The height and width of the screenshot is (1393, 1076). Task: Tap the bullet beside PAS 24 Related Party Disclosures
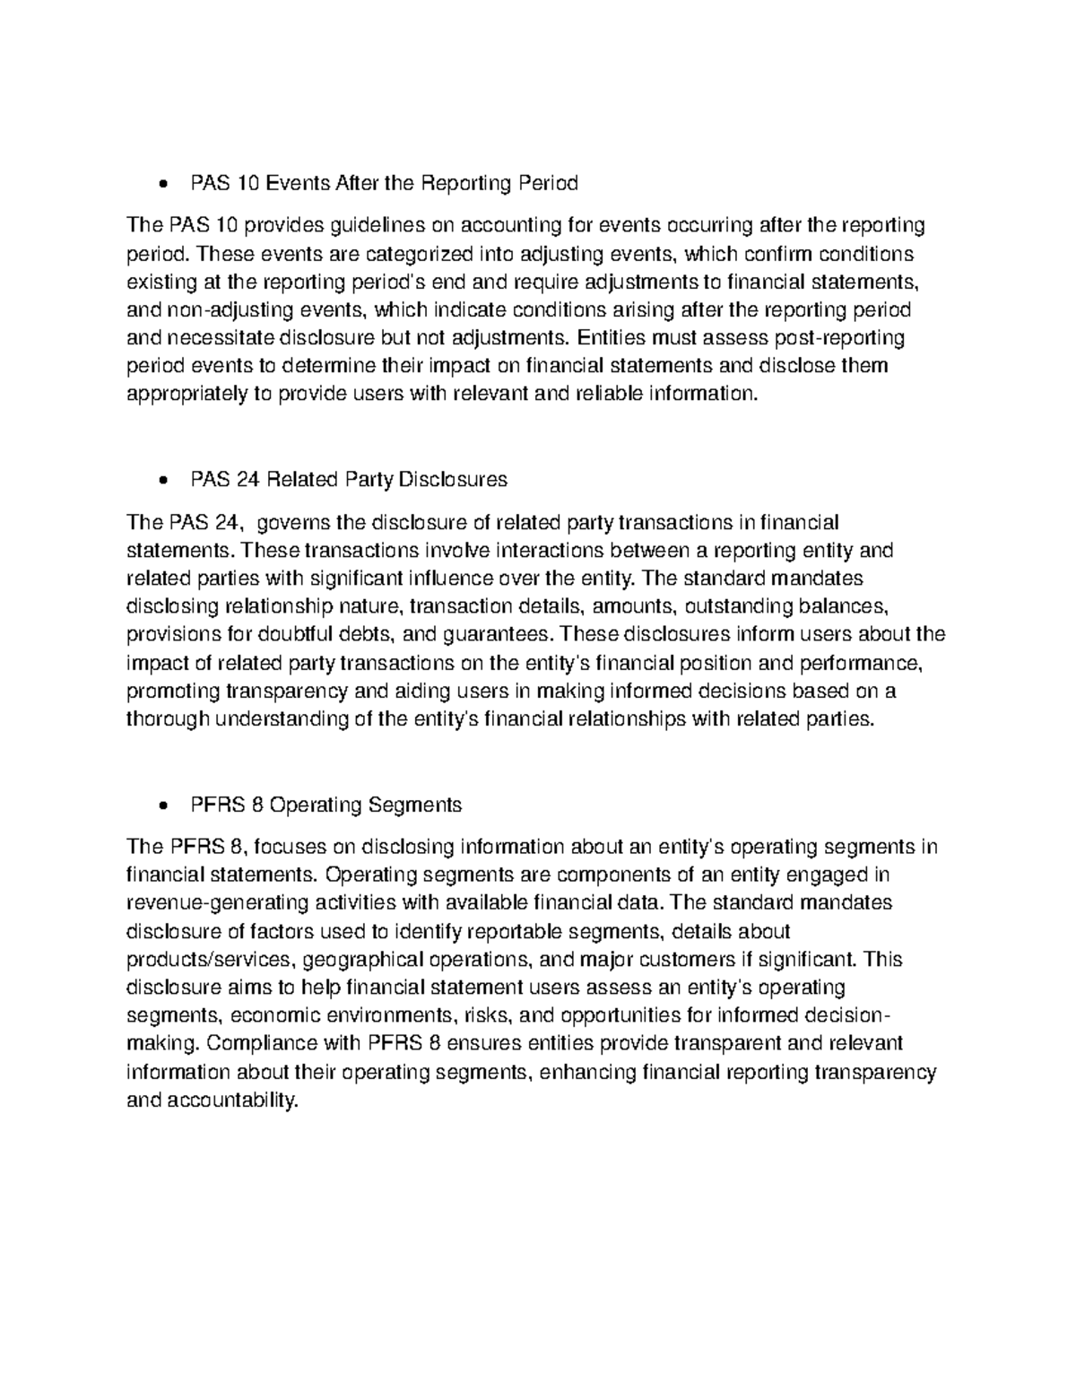click(162, 482)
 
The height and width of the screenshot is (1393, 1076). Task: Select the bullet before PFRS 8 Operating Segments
click(162, 806)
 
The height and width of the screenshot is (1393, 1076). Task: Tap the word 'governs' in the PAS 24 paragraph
click(293, 523)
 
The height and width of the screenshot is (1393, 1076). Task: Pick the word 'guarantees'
click(492, 635)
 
